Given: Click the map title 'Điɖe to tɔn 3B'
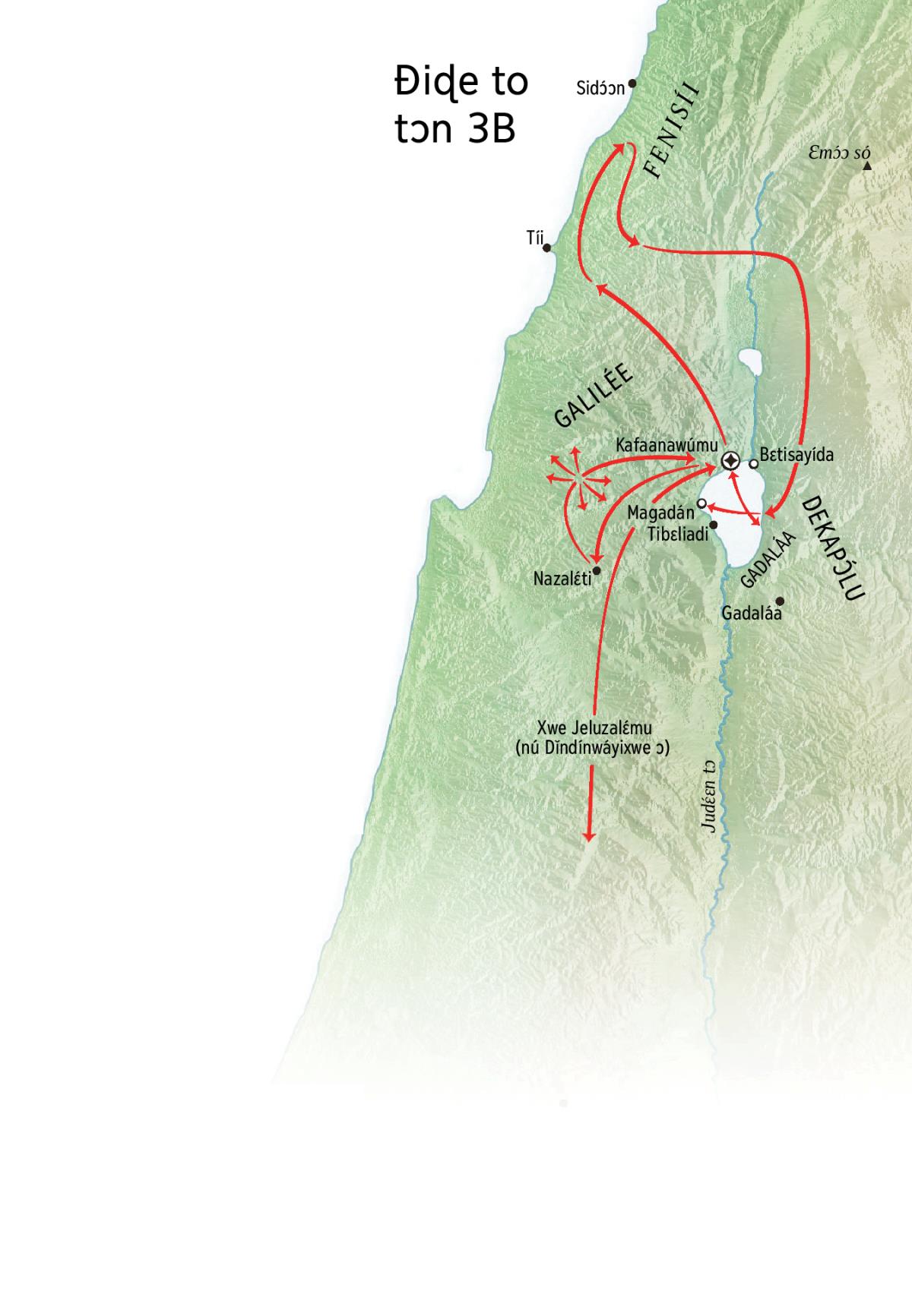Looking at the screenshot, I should click(x=461, y=105).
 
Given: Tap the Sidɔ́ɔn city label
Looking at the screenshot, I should click(x=600, y=88).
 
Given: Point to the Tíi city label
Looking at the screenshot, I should click(x=535, y=238).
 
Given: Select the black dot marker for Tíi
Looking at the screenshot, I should click(x=547, y=248).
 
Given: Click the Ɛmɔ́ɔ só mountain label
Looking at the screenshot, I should click(x=839, y=154).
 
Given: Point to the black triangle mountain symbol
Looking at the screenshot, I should click(x=867, y=165).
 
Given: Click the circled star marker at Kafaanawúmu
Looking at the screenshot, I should click(x=730, y=460).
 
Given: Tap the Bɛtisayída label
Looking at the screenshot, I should click(x=796, y=455).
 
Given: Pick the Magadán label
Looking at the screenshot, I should click(x=660, y=513).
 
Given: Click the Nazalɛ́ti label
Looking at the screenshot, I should click(x=562, y=579).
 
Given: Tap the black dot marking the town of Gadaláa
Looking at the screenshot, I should click(x=779, y=601).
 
